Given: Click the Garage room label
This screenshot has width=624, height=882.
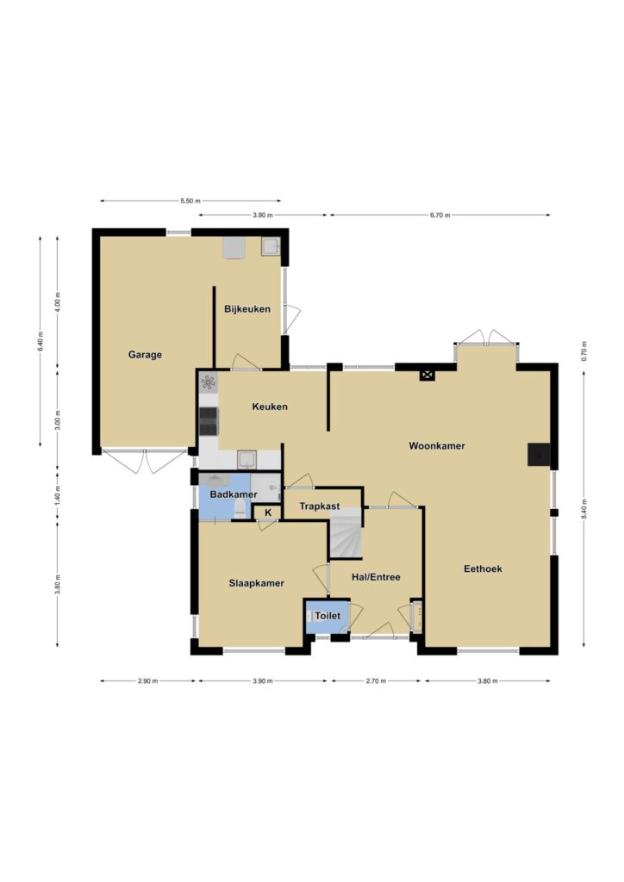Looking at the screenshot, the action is point(145,355).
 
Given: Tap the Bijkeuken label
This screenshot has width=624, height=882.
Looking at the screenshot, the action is point(247,309).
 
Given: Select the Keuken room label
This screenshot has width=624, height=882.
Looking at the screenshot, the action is point(270,407).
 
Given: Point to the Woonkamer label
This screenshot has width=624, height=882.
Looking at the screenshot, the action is point(437,446).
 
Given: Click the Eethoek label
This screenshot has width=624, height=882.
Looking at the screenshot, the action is point(483,568).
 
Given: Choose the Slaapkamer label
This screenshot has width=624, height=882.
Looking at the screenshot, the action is point(257,583).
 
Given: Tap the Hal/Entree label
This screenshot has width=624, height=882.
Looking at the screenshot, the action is point(376,577).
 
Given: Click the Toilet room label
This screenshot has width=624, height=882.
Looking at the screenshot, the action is point(328,616).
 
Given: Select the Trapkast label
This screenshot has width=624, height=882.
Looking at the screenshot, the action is point(320,506).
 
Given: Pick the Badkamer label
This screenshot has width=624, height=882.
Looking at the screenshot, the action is point(234,495).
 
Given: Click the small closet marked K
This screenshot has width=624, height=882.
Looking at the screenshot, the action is point(268,513).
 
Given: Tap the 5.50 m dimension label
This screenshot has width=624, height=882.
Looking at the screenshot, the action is point(190,201).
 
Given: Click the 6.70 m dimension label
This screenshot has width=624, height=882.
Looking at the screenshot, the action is point(440,214).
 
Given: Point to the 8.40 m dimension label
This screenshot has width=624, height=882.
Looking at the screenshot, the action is point(584,510).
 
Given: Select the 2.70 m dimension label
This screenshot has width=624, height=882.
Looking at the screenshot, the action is point(376,681).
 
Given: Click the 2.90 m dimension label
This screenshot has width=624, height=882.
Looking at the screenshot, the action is point(148,681).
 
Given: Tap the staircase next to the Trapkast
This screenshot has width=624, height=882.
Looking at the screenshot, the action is point(345,532).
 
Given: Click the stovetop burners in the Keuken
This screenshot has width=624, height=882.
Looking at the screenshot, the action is point(209,421).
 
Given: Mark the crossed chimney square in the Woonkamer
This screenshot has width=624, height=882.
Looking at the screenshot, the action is point(427,375).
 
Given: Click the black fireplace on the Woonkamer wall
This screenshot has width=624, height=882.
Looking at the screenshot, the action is point(539,455).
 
